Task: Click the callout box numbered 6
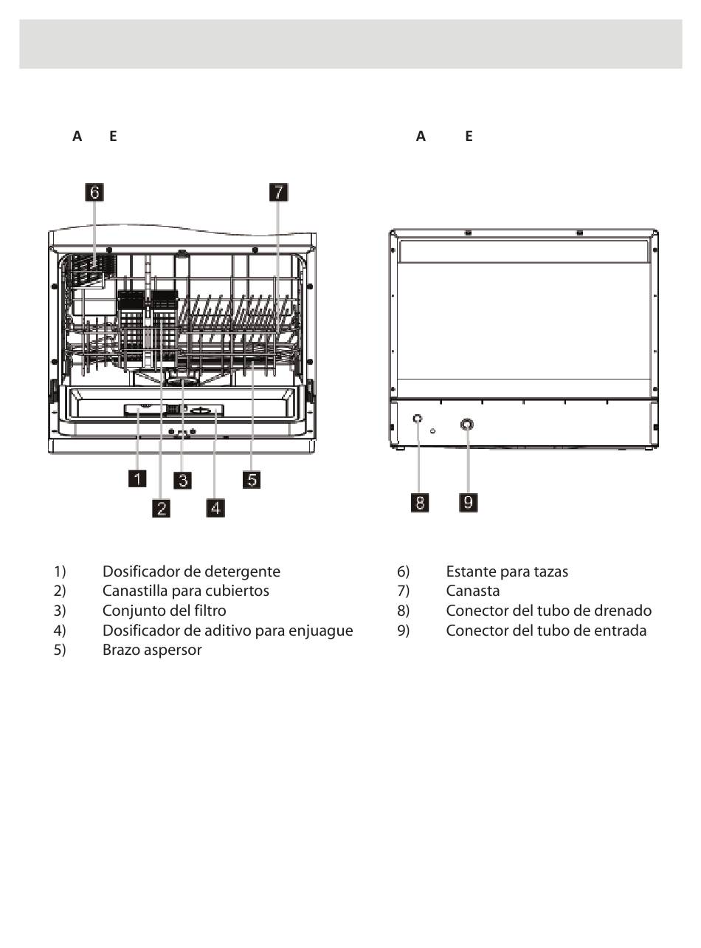pos(94,192)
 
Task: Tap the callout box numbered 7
pos(277,192)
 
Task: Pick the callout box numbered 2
pos(162,507)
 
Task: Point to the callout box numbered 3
pos(182,479)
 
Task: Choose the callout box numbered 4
pos(215,507)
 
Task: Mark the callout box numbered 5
pos(252,479)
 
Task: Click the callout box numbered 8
pos(419,503)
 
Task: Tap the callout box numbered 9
pos(469,503)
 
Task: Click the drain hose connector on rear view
pos(418,419)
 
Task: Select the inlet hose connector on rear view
pos(466,425)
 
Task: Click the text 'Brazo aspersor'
pos(152,650)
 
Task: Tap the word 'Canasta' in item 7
pos(473,591)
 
